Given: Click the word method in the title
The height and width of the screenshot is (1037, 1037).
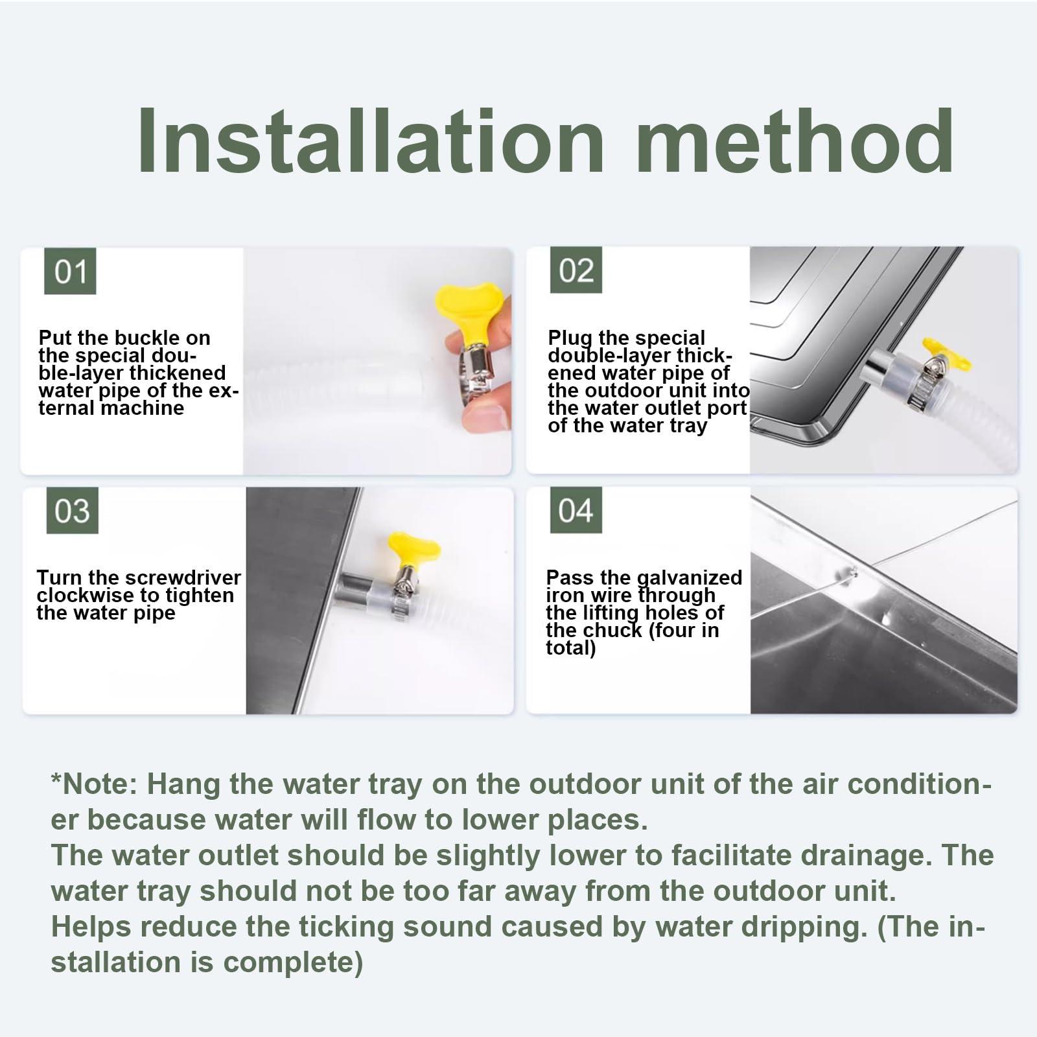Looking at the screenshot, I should pos(795,142).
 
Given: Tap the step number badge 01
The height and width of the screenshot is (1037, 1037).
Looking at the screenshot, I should pos(70,271).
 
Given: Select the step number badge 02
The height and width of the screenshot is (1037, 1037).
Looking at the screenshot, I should pos(576,270).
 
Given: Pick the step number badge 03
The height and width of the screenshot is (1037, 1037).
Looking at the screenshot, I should pos(72,511).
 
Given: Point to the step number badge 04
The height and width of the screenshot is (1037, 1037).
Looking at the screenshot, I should pos(576,511).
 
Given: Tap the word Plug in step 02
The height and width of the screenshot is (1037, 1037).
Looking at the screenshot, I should pos(561,338).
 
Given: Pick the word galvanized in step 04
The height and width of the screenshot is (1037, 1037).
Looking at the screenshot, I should pos(690,577).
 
